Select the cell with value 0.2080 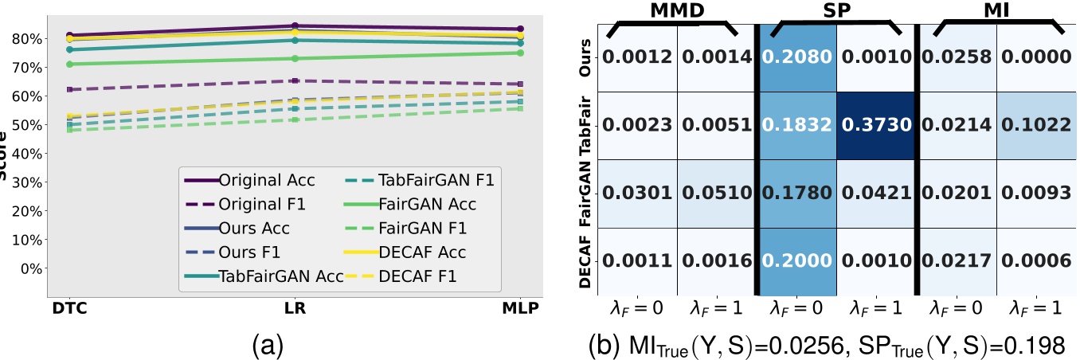[x=796, y=57]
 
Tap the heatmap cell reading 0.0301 [x=636, y=194]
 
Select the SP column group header [x=836, y=10]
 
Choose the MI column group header [x=997, y=10]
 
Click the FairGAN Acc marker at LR [x=295, y=58]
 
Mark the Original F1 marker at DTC [x=69, y=89]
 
